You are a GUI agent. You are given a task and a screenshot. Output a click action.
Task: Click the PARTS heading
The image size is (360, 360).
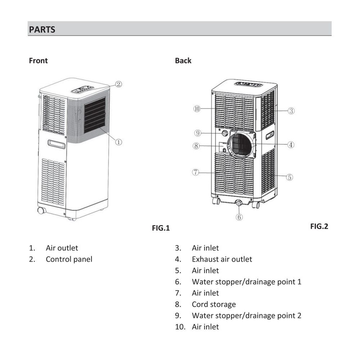[42, 30]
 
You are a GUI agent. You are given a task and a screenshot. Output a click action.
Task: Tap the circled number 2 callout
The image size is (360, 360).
[118, 84]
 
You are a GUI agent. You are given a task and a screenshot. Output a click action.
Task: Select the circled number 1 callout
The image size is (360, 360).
[118, 142]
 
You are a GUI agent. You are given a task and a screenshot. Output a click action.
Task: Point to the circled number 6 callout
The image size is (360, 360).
[239, 217]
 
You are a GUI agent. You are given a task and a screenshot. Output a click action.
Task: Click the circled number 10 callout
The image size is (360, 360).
[197, 109]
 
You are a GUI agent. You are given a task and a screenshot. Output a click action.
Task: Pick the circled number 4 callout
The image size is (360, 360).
[291, 145]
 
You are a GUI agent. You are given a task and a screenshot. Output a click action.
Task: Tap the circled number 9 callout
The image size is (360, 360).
[197, 133]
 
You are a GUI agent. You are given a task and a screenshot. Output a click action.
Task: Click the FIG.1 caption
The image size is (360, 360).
[161, 228]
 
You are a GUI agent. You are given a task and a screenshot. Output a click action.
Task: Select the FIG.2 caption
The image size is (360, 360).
[319, 226]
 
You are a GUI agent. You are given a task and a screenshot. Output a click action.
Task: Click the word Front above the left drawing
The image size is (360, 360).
[39, 60]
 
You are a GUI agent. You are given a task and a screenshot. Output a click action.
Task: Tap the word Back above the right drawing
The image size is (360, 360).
[183, 60]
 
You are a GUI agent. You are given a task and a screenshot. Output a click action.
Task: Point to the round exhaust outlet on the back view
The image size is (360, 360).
[241, 145]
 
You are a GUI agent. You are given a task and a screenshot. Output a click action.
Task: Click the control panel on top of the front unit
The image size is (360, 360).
[82, 89]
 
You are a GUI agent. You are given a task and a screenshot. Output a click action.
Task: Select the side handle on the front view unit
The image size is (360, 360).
[57, 144]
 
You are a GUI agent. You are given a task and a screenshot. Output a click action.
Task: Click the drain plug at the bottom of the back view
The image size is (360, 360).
[239, 203]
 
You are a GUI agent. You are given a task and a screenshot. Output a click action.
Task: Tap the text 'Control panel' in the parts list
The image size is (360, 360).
[69, 259]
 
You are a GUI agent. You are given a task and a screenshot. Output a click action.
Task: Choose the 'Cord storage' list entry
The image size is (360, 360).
[214, 304]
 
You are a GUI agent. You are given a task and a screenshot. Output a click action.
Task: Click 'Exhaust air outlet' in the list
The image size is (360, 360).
[222, 259]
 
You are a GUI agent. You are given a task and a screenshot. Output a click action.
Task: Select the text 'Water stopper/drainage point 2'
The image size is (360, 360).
[246, 316]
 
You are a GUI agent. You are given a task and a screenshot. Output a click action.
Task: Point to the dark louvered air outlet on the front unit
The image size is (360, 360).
[95, 115]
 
